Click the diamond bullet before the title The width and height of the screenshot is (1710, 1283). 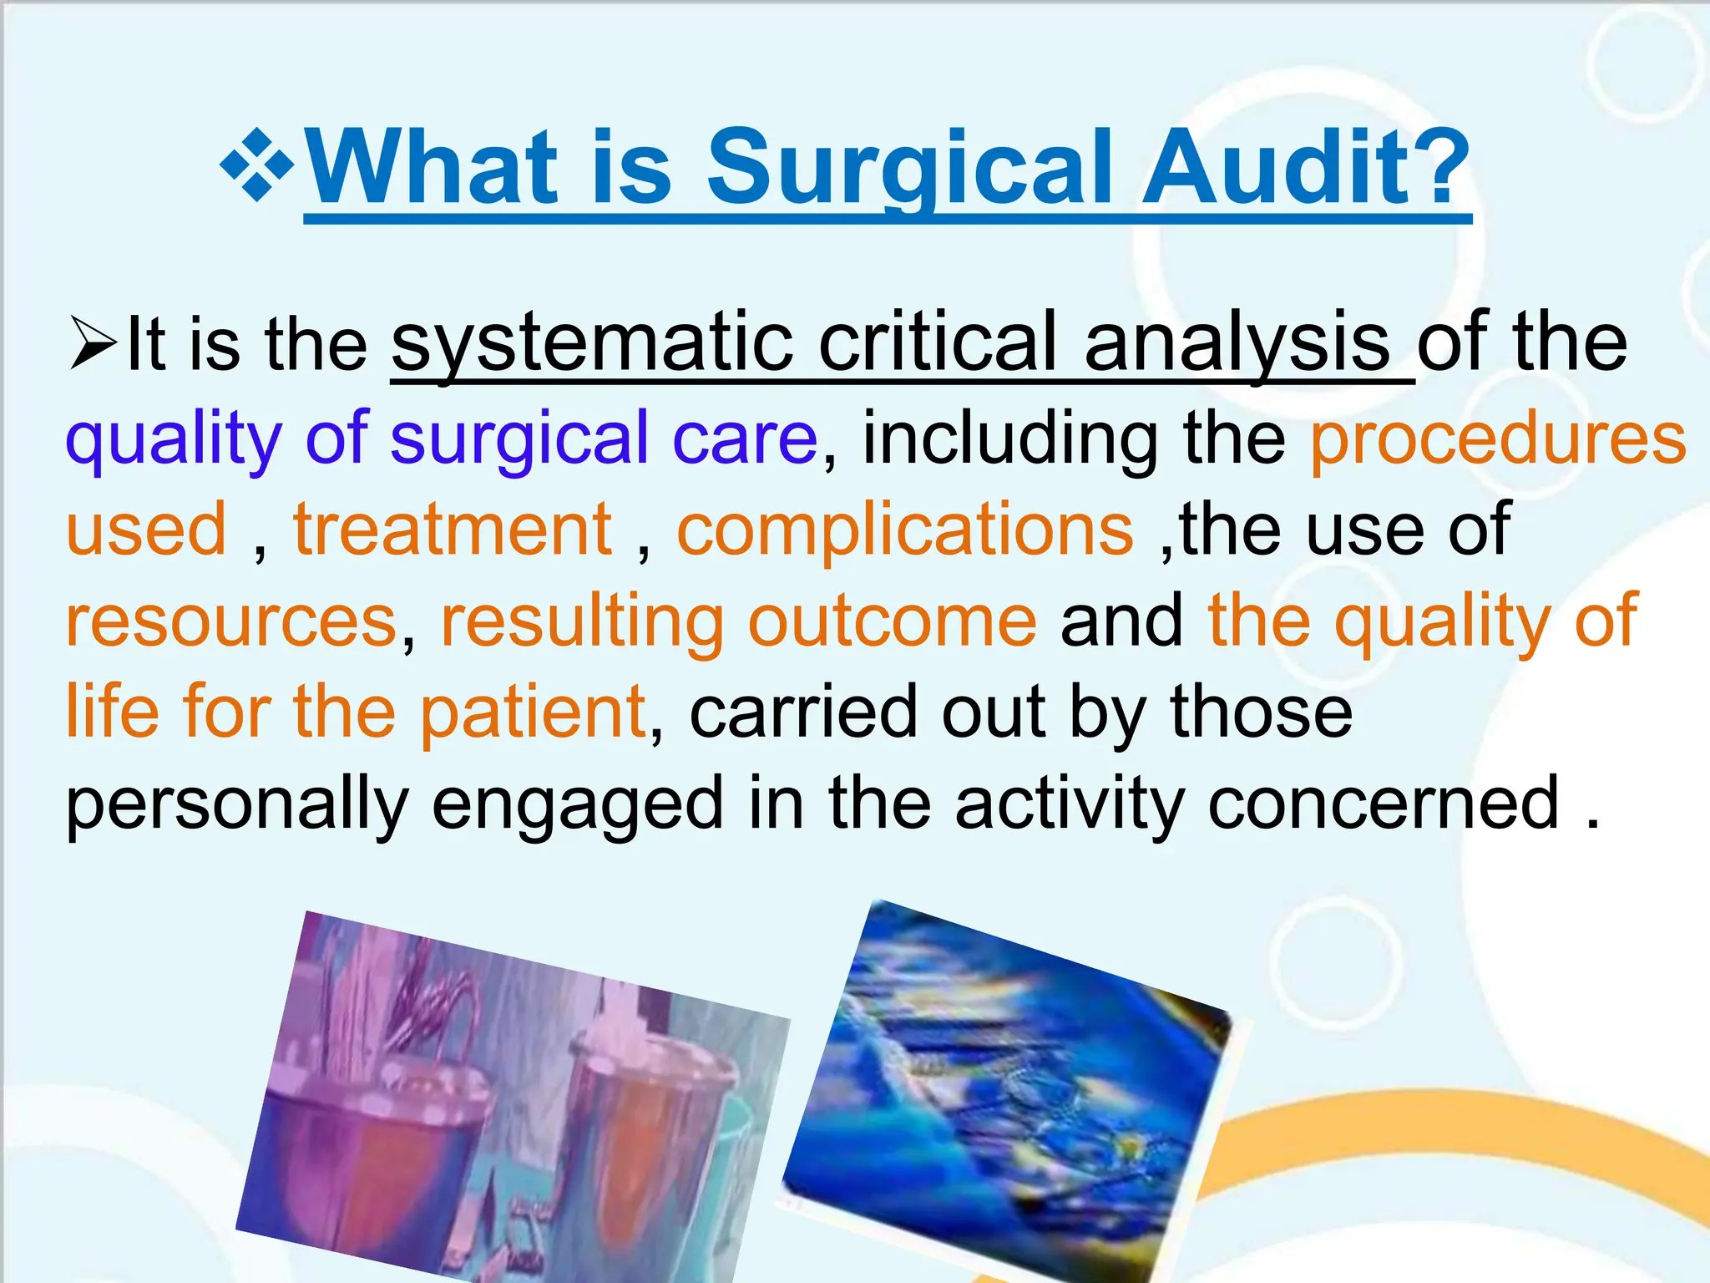(x=257, y=165)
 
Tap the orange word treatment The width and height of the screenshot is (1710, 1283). (x=453, y=530)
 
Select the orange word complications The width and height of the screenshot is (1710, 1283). (x=905, y=530)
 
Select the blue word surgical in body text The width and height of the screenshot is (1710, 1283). (x=519, y=438)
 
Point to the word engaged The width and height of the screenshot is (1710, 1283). (x=577, y=804)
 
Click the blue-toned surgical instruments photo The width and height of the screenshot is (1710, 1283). (x=1006, y=1078)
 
